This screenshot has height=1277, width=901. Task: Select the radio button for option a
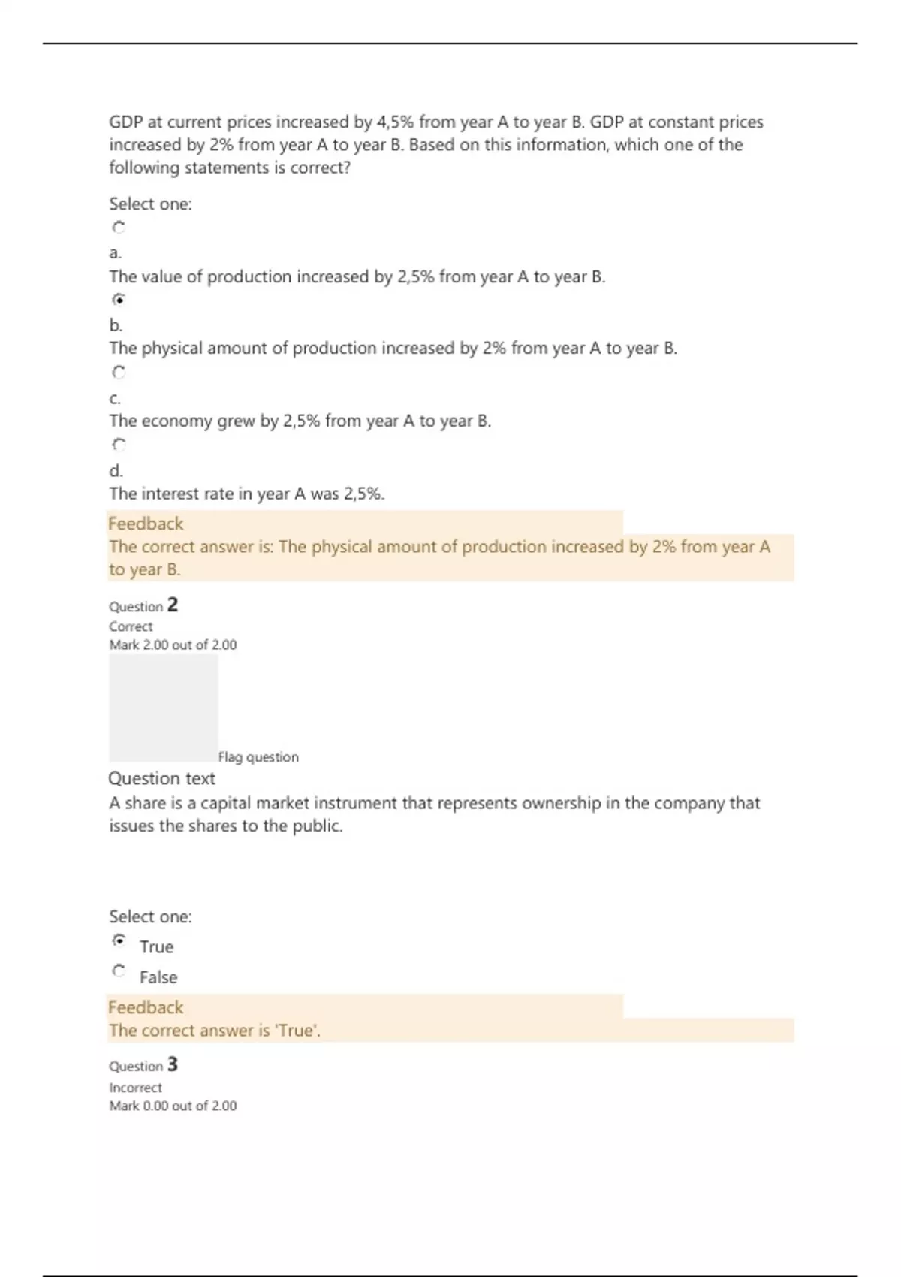pos(119,227)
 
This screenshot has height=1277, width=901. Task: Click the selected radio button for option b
pos(119,300)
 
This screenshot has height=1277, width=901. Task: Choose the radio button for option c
pos(119,372)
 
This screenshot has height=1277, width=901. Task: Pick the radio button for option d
pos(119,445)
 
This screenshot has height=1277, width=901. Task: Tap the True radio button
pos(119,940)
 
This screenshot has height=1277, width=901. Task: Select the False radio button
pos(119,971)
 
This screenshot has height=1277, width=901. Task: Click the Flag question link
pos(258,757)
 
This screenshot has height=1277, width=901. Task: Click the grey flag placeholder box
pos(164,708)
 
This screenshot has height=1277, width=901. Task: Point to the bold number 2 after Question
pos(173,605)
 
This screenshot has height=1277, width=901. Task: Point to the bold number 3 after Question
pos(173,1064)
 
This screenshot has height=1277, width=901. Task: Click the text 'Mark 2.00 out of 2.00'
pos(173,645)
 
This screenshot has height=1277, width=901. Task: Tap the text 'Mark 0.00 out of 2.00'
pos(173,1106)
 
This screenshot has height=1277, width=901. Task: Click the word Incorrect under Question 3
pos(135,1088)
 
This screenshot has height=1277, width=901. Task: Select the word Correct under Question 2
pos(131,626)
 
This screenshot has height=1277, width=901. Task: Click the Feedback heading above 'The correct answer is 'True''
pos(146,1007)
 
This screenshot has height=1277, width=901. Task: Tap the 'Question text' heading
pos(161,778)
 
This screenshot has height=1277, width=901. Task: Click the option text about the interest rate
pos(246,494)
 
